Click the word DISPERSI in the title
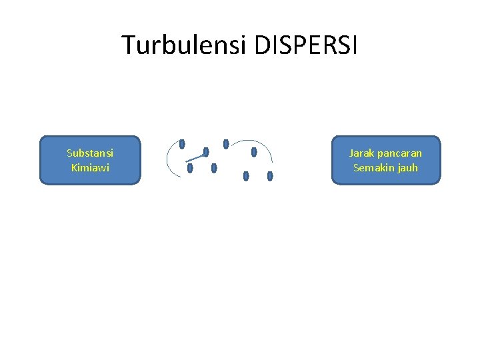pyautogui.click(x=306, y=45)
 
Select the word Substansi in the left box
pyautogui.click(x=90, y=153)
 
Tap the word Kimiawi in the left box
pyautogui.click(x=90, y=168)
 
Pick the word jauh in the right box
pyautogui.click(x=407, y=168)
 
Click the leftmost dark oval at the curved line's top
pyautogui.click(x=182, y=143)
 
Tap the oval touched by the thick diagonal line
pyautogui.click(x=206, y=152)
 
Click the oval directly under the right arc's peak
pyautogui.click(x=254, y=152)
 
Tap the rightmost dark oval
pyautogui.click(x=270, y=176)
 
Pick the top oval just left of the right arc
pyautogui.click(x=226, y=143)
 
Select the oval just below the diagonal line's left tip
pyautogui.click(x=190, y=168)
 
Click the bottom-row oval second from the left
pyautogui.click(x=214, y=168)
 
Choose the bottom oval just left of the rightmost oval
pyautogui.click(x=246, y=176)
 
